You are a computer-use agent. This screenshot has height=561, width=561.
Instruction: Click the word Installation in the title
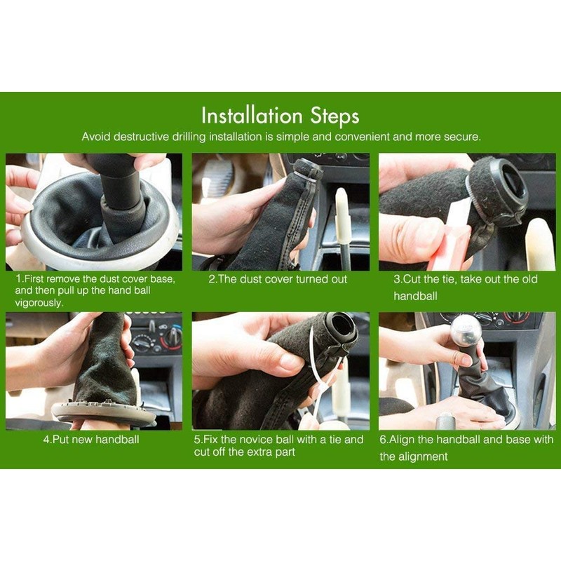click(252, 116)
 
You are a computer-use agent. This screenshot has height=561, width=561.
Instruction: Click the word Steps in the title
click(334, 116)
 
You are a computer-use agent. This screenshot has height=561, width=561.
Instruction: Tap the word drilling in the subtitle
click(189, 137)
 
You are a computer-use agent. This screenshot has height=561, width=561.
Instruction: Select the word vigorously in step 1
click(39, 303)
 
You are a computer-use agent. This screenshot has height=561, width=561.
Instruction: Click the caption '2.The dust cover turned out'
click(278, 279)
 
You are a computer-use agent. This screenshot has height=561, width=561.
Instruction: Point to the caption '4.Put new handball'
click(91, 440)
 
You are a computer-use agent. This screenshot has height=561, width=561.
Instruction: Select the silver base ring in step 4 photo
click(104, 412)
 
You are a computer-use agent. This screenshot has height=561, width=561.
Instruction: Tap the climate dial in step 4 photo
click(174, 337)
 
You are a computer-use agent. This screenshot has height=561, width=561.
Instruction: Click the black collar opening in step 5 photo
click(340, 325)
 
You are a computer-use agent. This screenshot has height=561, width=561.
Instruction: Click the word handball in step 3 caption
click(415, 296)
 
